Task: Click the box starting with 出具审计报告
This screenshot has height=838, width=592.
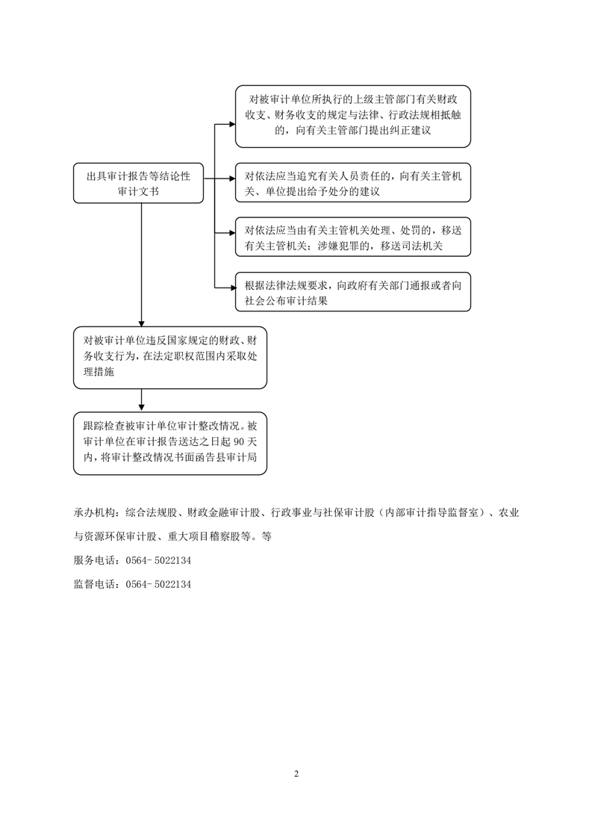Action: tap(138, 183)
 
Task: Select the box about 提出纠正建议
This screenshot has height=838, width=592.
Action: tap(353, 116)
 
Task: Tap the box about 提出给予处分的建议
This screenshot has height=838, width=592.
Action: tap(353, 183)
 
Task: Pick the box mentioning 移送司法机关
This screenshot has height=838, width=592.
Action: tap(353, 238)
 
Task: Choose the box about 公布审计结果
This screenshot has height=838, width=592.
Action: tap(353, 292)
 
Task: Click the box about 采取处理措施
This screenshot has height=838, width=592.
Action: tap(170, 358)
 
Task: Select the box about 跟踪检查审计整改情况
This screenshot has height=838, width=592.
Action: tap(170, 444)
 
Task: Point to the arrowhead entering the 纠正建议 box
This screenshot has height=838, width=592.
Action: tap(232, 125)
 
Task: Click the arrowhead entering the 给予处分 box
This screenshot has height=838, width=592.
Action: tap(232, 179)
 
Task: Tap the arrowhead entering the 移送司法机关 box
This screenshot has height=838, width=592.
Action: tap(232, 233)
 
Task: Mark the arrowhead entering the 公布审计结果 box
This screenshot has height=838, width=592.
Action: tap(232, 288)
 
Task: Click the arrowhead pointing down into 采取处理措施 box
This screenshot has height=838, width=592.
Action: tap(142, 323)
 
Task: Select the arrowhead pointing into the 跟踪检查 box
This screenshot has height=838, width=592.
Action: tap(142, 409)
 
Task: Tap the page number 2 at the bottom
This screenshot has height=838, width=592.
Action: tap(296, 774)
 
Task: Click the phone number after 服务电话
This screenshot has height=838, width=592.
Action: tap(159, 561)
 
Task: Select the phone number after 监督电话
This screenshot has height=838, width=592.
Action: tap(159, 584)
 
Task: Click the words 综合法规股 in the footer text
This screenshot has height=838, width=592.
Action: tap(152, 513)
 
